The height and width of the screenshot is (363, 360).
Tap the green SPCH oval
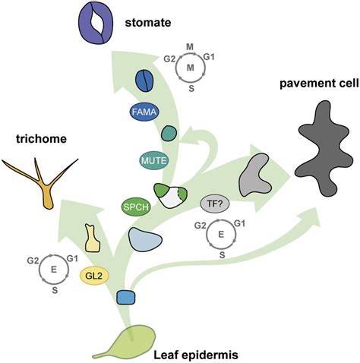pos(134,206)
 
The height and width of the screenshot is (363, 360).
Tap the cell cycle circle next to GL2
pos(52,270)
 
